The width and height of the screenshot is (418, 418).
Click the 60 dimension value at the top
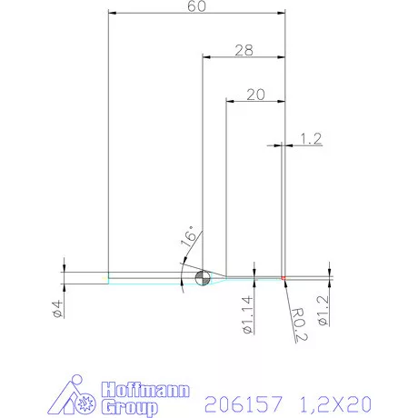click(195, 7)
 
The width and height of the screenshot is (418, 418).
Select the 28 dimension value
click(243, 51)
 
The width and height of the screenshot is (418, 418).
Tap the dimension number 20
click(255, 94)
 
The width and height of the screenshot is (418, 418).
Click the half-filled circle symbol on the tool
click(202, 277)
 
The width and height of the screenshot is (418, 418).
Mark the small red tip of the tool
click(284, 276)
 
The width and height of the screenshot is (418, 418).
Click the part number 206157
click(244, 401)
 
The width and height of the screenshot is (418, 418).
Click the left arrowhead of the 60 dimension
click(111, 14)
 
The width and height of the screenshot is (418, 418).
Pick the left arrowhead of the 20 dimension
click(228, 101)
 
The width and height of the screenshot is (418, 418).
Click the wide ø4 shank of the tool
click(86, 277)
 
